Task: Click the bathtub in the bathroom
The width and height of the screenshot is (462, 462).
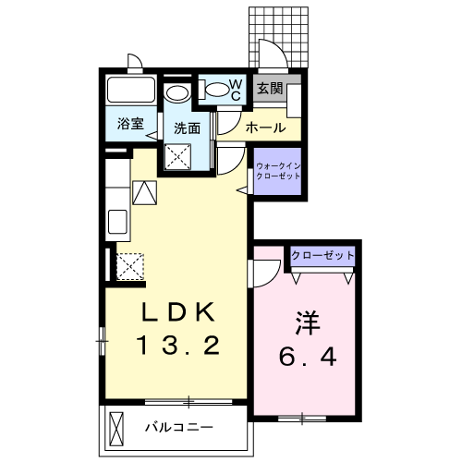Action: pos(132,92)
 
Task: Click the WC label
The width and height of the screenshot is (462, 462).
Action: pos(235,91)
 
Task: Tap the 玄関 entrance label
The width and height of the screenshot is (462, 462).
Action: pos(270,89)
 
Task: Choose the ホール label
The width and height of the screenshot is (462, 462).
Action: pos(267,128)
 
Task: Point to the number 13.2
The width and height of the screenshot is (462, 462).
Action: pos(177,346)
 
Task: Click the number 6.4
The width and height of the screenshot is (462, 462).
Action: pos(308,354)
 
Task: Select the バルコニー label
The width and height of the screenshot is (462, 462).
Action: pos(180,428)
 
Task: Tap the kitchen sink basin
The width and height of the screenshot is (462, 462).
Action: pos(117,222)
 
